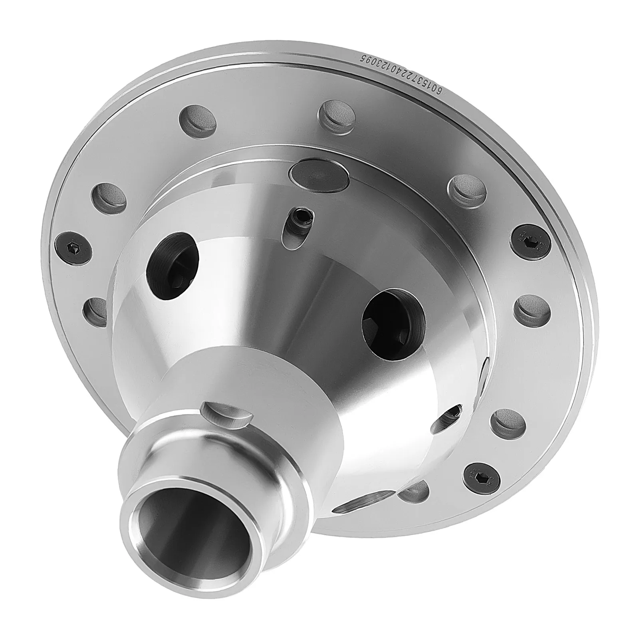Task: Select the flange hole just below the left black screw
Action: coord(96,310)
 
